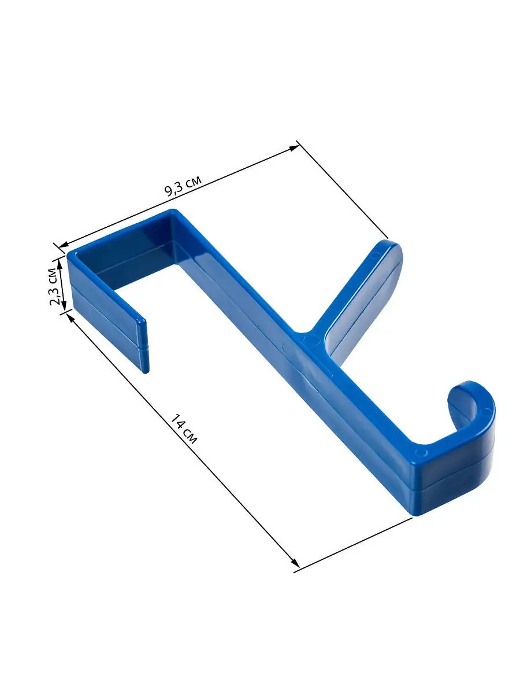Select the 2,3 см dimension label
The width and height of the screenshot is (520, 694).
click(x=54, y=286)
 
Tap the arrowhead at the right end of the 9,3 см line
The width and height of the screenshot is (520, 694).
click(x=294, y=148)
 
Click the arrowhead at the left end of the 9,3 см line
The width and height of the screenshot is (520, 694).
click(x=64, y=245)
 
